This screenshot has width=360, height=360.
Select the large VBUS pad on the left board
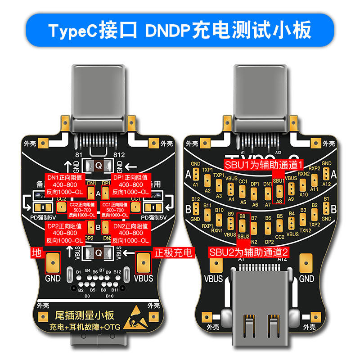click(144, 263)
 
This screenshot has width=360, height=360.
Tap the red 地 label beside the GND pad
click(35, 252)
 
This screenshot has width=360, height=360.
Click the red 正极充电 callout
click(173, 252)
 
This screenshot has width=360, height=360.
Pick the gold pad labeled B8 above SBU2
click(243, 224)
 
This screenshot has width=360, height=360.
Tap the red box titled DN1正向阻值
click(64, 184)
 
